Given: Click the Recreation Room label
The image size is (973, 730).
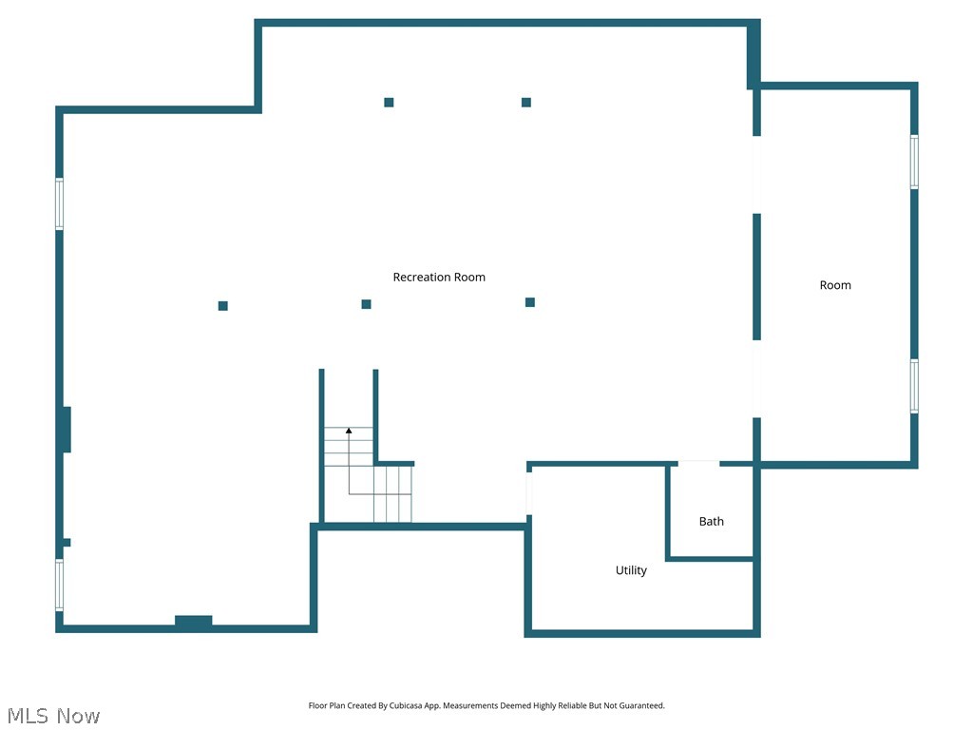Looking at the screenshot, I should tap(439, 278).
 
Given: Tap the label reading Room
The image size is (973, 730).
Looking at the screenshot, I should tap(835, 285).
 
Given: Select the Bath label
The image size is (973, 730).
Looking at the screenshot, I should tap(712, 521).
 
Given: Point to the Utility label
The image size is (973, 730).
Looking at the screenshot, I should tap(631, 570).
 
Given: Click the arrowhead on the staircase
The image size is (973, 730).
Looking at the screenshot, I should tap(349, 431).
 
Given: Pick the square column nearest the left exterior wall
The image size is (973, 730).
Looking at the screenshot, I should tap(223, 306).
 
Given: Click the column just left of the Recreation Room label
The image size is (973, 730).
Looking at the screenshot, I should tap(366, 304).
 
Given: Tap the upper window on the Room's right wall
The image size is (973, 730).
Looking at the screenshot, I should tap(914, 162).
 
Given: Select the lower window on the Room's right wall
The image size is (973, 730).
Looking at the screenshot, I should tap(914, 385).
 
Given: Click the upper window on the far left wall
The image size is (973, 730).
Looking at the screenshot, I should tap(59, 203).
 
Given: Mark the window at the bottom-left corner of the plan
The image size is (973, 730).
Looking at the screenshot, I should tap(59, 585).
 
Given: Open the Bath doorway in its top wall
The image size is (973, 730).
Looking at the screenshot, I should tap(698, 464).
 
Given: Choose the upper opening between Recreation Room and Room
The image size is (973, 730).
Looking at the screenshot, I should tap(757, 174).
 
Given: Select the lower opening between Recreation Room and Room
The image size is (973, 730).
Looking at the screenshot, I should tap(757, 378).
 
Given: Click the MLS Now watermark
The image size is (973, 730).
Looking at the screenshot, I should tap(52, 716).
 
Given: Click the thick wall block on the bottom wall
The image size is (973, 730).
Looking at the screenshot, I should tap(194, 622).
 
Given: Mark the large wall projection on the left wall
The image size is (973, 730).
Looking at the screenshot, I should tap(66, 429).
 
